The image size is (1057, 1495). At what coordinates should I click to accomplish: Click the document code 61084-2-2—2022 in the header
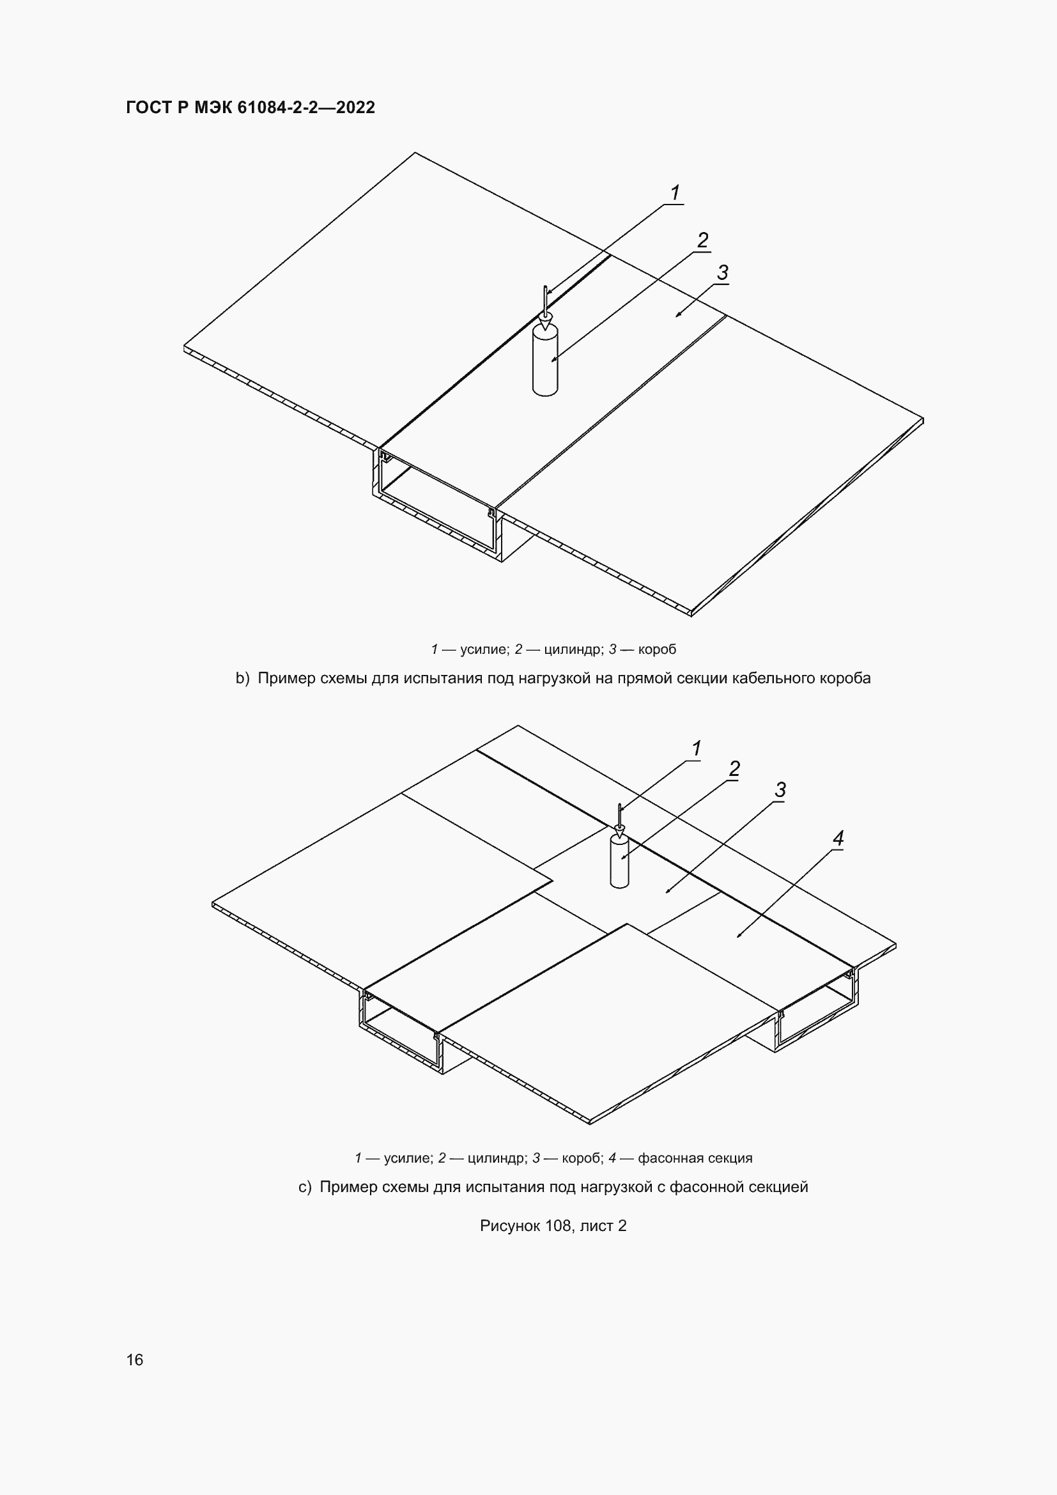click(x=307, y=107)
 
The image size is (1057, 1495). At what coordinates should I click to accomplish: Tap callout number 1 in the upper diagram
click(x=675, y=193)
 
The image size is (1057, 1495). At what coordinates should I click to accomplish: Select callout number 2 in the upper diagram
click(x=702, y=240)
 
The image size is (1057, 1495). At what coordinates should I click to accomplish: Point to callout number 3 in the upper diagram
click(x=723, y=273)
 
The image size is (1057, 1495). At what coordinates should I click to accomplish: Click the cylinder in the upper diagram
click(x=545, y=360)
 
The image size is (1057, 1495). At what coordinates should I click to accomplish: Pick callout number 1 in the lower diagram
click(x=697, y=749)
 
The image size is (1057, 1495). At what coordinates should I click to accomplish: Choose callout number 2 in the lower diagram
click(x=734, y=769)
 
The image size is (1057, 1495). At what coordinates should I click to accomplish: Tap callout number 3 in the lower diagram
click(x=780, y=790)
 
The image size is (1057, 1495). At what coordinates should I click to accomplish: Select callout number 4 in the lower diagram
click(x=838, y=839)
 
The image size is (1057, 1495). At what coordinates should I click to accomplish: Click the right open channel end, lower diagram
click(x=817, y=1009)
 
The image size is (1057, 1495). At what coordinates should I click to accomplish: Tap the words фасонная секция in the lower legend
click(x=695, y=1158)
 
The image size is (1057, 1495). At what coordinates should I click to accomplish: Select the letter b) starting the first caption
click(x=243, y=679)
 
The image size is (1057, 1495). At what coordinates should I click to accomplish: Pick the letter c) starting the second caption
click(x=305, y=1187)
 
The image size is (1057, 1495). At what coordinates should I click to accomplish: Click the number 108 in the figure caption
click(x=559, y=1226)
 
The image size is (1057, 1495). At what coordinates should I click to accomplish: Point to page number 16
click(x=135, y=1359)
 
